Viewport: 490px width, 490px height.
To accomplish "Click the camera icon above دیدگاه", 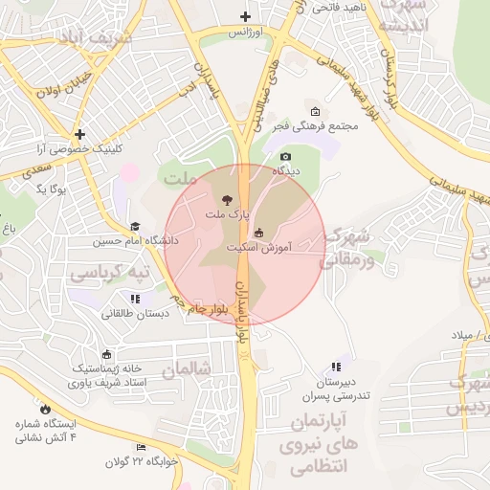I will pyautogui.click(x=284, y=157).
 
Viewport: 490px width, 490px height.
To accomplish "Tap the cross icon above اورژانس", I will pyautogui.click(x=246, y=16).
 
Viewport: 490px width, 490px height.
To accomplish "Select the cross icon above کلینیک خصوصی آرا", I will pyautogui.click(x=80, y=135).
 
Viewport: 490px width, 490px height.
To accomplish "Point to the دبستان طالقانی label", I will pyautogui.click(x=135, y=313).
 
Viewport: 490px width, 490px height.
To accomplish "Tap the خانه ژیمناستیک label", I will pyautogui.click(x=107, y=368).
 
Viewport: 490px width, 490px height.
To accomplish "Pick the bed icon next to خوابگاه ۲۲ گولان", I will pyautogui.click(x=141, y=448).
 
